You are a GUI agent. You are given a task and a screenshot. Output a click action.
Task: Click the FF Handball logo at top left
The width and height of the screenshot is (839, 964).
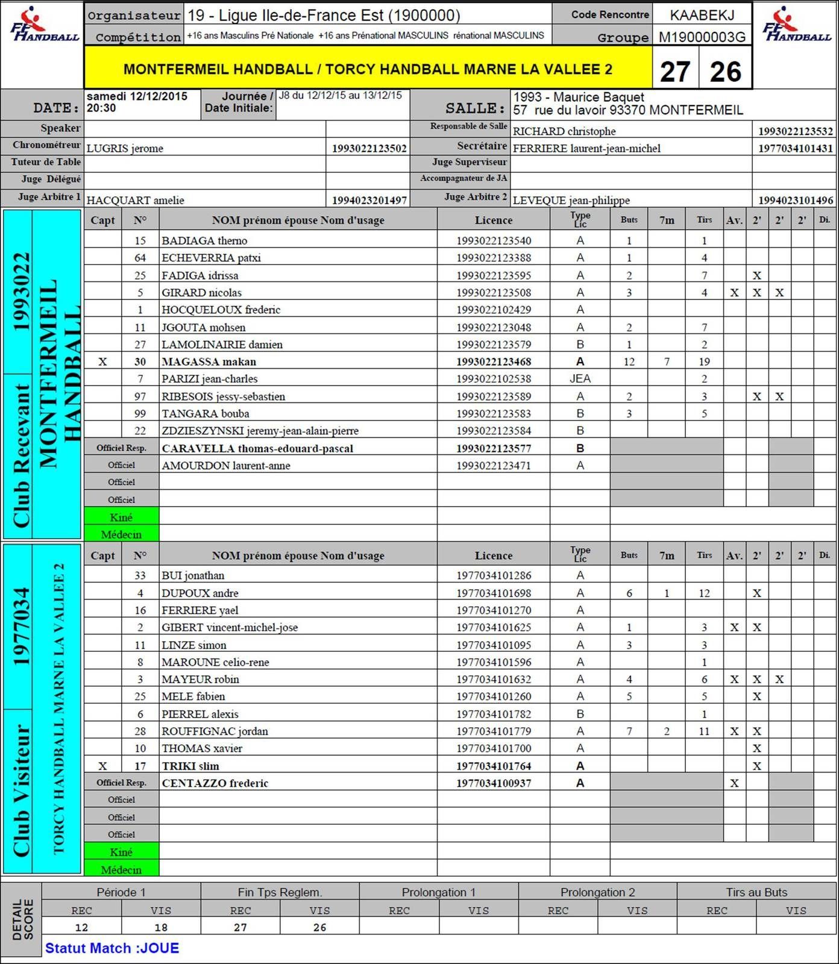click(43, 25)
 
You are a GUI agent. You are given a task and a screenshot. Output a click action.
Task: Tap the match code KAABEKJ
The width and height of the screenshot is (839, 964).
click(702, 15)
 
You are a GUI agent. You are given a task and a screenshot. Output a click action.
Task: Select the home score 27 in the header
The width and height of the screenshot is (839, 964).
click(675, 72)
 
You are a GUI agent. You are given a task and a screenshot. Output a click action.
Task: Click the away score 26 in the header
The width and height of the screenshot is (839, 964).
click(725, 72)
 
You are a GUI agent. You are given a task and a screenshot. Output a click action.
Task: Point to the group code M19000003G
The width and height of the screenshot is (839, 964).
click(702, 37)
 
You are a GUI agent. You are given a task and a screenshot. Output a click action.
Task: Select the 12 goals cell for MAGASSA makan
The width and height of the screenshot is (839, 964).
click(629, 361)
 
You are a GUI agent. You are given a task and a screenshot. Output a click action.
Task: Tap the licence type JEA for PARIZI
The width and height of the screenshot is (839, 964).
click(580, 378)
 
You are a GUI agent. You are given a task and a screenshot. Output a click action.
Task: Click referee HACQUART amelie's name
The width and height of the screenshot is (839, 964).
click(136, 200)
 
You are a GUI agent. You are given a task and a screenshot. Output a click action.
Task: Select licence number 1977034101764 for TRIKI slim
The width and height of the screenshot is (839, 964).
click(493, 766)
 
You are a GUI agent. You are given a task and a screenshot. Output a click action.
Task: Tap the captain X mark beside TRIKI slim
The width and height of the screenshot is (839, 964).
click(102, 766)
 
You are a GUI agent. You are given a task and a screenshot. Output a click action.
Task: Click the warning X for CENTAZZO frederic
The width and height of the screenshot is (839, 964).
click(734, 783)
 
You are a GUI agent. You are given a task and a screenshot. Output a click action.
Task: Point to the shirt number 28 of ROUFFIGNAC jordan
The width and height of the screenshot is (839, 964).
click(140, 731)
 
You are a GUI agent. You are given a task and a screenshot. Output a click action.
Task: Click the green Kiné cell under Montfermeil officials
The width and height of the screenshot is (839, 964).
click(121, 517)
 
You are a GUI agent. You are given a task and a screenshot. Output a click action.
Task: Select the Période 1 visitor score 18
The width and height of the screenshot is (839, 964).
click(161, 927)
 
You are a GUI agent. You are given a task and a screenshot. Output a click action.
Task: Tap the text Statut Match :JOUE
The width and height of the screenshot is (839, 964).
click(112, 948)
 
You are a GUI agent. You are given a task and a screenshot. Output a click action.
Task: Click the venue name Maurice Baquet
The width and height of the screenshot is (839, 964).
click(598, 97)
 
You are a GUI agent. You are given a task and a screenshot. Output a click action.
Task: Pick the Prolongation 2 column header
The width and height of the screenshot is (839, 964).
click(597, 892)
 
